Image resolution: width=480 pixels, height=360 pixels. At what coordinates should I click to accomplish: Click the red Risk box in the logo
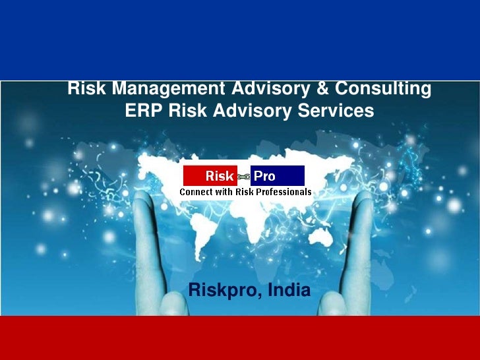(210, 176)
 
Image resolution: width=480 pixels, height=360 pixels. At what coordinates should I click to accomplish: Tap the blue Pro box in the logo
(278, 176)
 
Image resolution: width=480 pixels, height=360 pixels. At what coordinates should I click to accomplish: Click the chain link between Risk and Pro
(244, 176)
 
